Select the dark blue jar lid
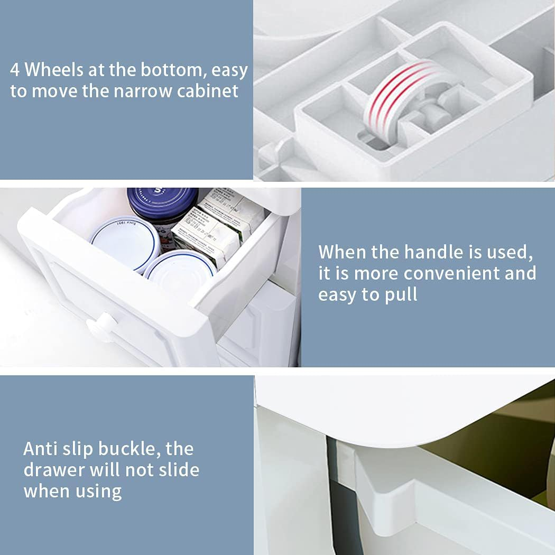pos(163,203)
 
